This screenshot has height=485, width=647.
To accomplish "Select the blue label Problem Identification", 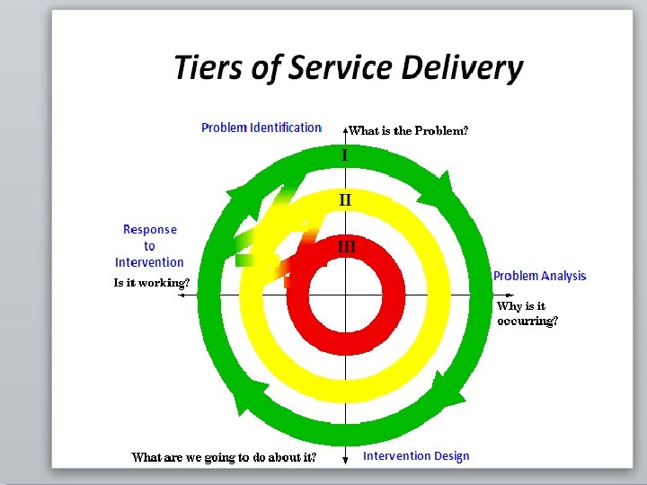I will (x=261, y=128).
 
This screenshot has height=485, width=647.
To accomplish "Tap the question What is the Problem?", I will (x=409, y=131).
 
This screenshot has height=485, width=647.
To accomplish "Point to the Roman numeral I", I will (x=344, y=155).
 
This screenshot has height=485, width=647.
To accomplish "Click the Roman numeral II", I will (x=345, y=199).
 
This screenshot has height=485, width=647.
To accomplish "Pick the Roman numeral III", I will (x=346, y=245).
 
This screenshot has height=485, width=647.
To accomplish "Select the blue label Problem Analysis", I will (x=539, y=276).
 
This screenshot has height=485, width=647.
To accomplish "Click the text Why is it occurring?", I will (x=527, y=313).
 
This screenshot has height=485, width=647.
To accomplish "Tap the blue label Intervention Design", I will (x=416, y=456).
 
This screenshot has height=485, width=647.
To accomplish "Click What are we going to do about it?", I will (x=224, y=457).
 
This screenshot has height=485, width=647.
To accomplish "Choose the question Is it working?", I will (x=151, y=283).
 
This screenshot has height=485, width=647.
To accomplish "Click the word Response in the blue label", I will (x=150, y=230).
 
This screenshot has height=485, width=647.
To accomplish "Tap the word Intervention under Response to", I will (x=149, y=262).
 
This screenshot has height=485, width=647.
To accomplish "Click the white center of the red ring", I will (x=346, y=294).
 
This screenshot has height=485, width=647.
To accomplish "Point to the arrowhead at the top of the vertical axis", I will (x=346, y=128).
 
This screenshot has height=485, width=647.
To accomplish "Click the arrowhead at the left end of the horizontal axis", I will (x=183, y=295).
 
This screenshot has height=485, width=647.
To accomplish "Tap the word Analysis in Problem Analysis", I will (x=563, y=276).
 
